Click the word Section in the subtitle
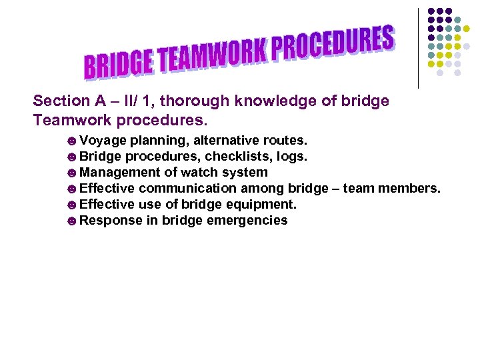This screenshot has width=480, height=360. [x=61, y=101]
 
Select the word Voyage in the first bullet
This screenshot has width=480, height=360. [x=103, y=141]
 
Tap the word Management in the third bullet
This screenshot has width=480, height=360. [x=117, y=173]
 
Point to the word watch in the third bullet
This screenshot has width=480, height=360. [x=200, y=173]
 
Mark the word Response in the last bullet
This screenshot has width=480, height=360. [x=111, y=221]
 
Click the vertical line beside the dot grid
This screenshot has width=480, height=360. [x=418, y=47]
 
